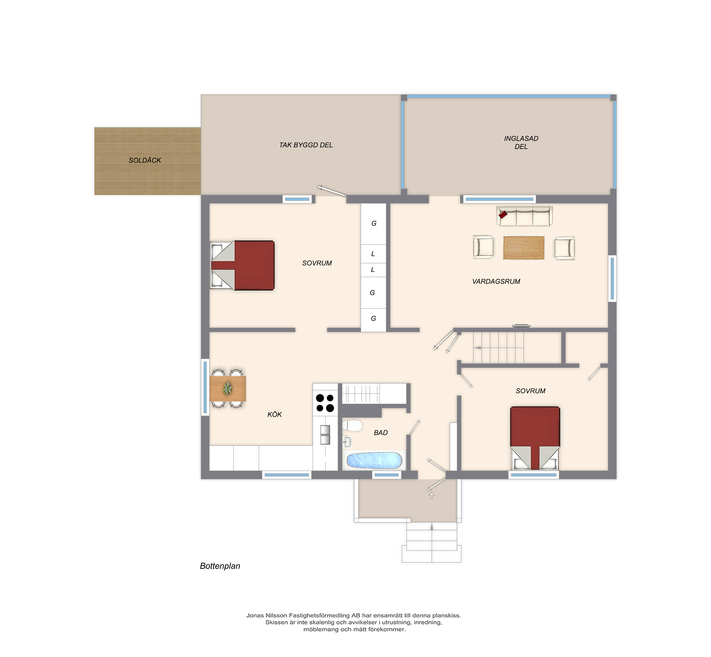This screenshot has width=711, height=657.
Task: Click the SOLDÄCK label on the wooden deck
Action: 145,160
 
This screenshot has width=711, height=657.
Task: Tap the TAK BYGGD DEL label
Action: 306,145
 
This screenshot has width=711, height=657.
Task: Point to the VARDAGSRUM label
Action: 496,282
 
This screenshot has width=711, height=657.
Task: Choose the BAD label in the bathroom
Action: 381,433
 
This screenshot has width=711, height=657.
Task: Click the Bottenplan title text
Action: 220,566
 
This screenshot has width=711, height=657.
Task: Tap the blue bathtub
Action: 374,460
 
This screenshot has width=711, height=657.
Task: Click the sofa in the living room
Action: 524,216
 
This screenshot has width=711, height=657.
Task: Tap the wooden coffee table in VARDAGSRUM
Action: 524,248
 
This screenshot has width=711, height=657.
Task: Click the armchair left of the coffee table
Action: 484,247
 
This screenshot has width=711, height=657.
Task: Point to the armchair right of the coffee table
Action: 564,248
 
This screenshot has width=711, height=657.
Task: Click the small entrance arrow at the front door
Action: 432,495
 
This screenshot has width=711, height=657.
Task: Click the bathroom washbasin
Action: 347,442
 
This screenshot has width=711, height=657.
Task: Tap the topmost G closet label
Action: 374,223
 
